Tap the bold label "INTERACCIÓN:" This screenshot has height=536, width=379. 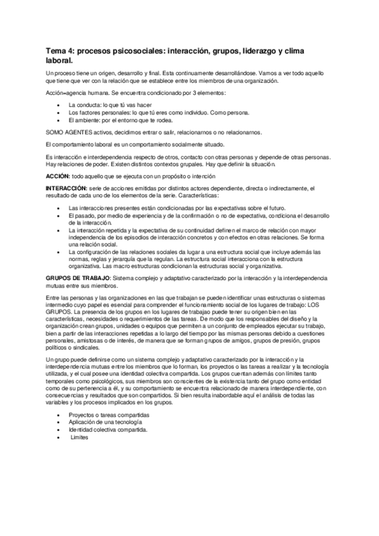(66, 188)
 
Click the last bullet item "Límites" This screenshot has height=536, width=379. (80, 437)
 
